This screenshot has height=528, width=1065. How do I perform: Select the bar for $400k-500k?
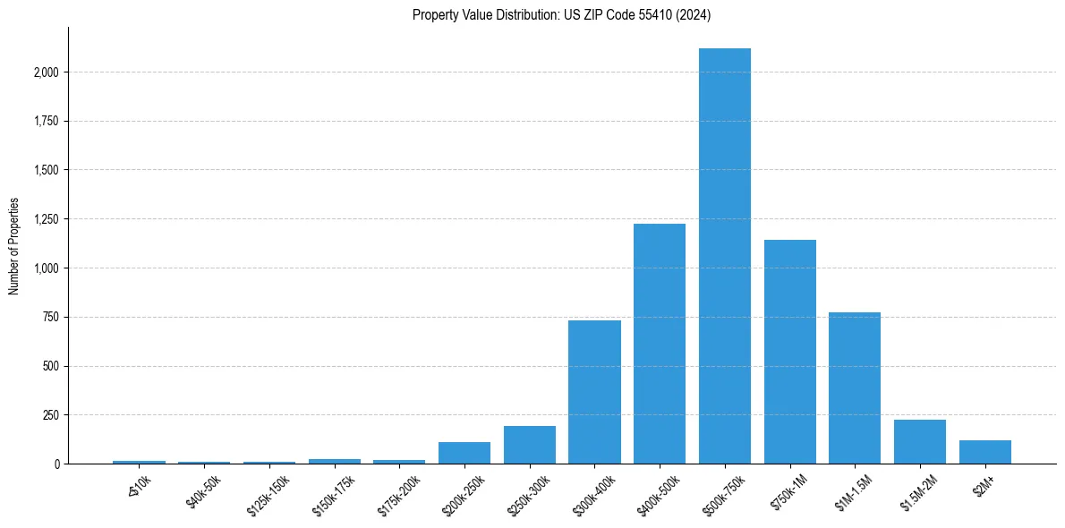[660, 344]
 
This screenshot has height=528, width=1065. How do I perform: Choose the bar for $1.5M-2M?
[920, 441]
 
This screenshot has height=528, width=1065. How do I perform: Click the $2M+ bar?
[985, 452]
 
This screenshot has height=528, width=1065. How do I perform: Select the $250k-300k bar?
[530, 445]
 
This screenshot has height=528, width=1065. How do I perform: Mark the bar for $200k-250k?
[464, 453]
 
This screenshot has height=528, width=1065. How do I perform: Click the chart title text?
[562, 14]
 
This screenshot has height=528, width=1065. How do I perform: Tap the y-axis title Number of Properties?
[14, 246]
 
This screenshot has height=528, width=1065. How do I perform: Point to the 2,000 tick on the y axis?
[45, 72]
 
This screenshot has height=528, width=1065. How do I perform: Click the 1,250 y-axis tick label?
[45, 219]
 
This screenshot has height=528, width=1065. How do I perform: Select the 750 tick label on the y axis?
[50, 317]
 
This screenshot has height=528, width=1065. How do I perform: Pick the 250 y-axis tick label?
[50, 415]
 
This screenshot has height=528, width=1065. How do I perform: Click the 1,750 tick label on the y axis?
[45, 121]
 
